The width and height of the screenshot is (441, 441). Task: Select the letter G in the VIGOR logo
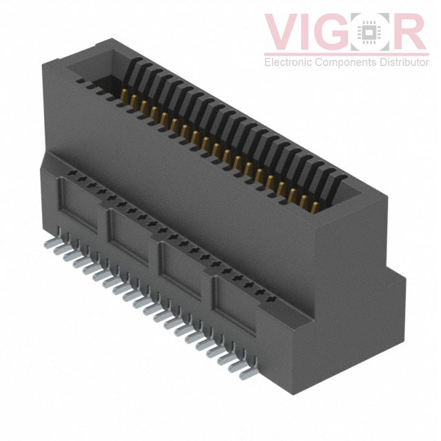345,31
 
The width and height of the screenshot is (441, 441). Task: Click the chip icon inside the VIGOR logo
378,32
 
